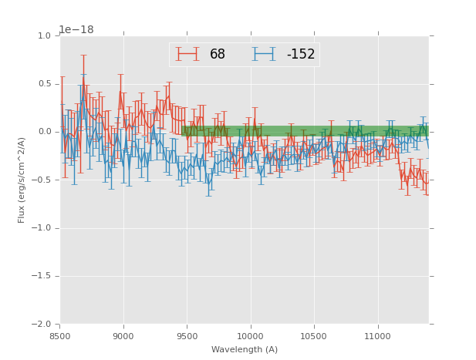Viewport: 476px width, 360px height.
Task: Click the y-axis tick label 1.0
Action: click(45, 35)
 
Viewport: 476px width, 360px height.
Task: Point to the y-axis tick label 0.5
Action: click(45, 84)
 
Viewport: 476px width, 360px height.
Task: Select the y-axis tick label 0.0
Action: click(45, 132)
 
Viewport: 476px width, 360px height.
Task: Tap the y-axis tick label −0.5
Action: click(42, 180)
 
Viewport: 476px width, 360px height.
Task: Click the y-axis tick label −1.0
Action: click(42, 228)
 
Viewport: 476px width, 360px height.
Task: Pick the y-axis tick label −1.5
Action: click(42, 276)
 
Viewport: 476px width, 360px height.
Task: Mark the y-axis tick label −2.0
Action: click(42, 325)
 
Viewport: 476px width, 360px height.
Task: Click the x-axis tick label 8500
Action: click(60, 336)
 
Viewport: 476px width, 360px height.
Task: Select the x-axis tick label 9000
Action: click(123, 336)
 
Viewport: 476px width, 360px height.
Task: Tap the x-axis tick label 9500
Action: click(187, 336)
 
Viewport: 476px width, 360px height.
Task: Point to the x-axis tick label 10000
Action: click(250, 336)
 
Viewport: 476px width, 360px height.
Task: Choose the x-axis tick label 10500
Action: click(314, 336)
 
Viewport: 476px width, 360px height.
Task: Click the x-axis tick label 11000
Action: click(377, 336)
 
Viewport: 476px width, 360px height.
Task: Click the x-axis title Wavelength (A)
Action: click(244, 350)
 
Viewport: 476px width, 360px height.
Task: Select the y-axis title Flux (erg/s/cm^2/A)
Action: click(22, 180)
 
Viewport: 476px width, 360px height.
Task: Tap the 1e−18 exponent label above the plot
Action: click(76, 30)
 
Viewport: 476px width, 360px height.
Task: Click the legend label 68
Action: click(218, 55)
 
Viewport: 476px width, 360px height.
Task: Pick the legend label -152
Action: click(301, 55)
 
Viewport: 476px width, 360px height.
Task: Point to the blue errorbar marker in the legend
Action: click(264, 54)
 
